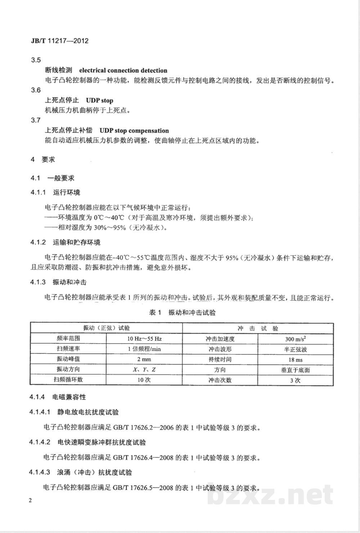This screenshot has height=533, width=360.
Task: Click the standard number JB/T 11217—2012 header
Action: [x=57, y=41]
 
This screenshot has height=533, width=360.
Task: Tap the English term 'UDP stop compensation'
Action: [x=134, y=131]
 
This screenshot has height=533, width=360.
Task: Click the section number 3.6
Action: [x=36, y=90]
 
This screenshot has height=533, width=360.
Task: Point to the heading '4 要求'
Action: [x=43, y=159]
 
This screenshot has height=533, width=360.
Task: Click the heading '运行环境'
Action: [x=67, y=193]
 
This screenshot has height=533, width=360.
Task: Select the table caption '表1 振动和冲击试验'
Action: [x=182, y=313]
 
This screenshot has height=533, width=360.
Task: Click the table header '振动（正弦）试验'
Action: [x=107, y=328]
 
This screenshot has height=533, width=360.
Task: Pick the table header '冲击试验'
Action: [x=258, y=329]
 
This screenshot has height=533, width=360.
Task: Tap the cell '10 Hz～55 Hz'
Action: [x=144, y=339]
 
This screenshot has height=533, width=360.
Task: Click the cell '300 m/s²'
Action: [x=295, y=339]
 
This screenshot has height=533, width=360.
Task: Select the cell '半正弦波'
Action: [x=295, y=349]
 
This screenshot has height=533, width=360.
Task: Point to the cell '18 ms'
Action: [x=295, y=360]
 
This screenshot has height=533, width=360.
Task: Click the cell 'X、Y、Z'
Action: [x=144, y=370]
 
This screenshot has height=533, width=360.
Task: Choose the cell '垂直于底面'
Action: [x=295, y=370]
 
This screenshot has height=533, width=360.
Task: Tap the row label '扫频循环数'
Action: [x=68, y=380]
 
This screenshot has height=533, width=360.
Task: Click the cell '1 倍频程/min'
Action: [x=144, y=349]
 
